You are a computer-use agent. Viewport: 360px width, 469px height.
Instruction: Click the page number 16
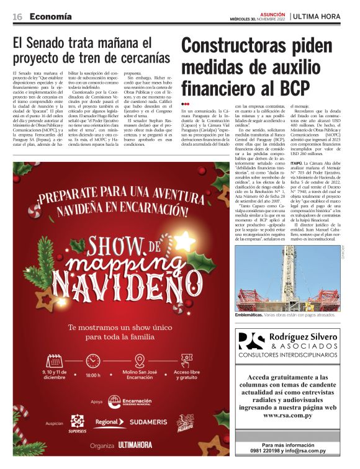[x=17, y=16]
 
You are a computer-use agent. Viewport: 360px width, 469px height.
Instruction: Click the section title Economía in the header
[x=52, y=16]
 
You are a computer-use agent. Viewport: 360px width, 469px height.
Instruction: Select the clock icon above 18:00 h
[x=93, y=360]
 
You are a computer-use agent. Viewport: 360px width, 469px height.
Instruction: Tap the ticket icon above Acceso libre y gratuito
[x=186, y=360]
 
